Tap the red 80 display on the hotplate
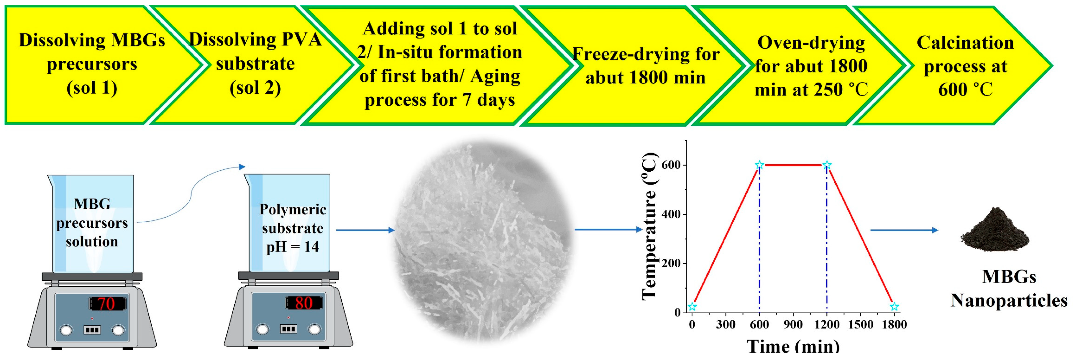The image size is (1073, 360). tap(304, 303)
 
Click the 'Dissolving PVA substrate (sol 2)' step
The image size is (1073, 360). tap(255, 64)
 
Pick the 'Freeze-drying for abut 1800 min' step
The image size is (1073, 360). tap(646, 65)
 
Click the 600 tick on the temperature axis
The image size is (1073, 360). tap(671, 165)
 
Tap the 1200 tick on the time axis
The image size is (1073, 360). tap(827, 325)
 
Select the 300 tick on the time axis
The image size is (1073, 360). tap(726, 325)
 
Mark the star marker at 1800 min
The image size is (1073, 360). tap(894, 307)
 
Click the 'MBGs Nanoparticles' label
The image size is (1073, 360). tap(1009, 288)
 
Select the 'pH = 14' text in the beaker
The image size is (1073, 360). tap(292, 247)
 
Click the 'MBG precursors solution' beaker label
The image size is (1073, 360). tap(92, 223)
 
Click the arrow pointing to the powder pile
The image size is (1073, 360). tap(904, 230)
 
